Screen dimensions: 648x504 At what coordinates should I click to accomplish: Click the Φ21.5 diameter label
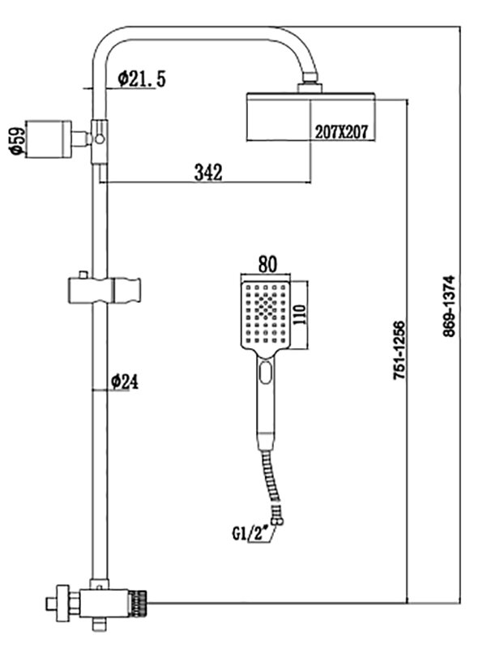click(142, 79)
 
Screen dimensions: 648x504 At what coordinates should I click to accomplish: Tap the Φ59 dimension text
click(14, 139)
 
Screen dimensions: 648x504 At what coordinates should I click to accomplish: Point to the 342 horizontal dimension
click(207, 172)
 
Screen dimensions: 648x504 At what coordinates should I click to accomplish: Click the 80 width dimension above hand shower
click(267, 263)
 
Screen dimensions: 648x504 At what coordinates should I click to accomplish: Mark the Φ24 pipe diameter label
click(125, 382)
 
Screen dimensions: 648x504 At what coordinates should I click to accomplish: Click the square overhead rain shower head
click(308, 118)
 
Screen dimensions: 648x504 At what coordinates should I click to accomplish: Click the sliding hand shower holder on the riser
click(104, 290)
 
